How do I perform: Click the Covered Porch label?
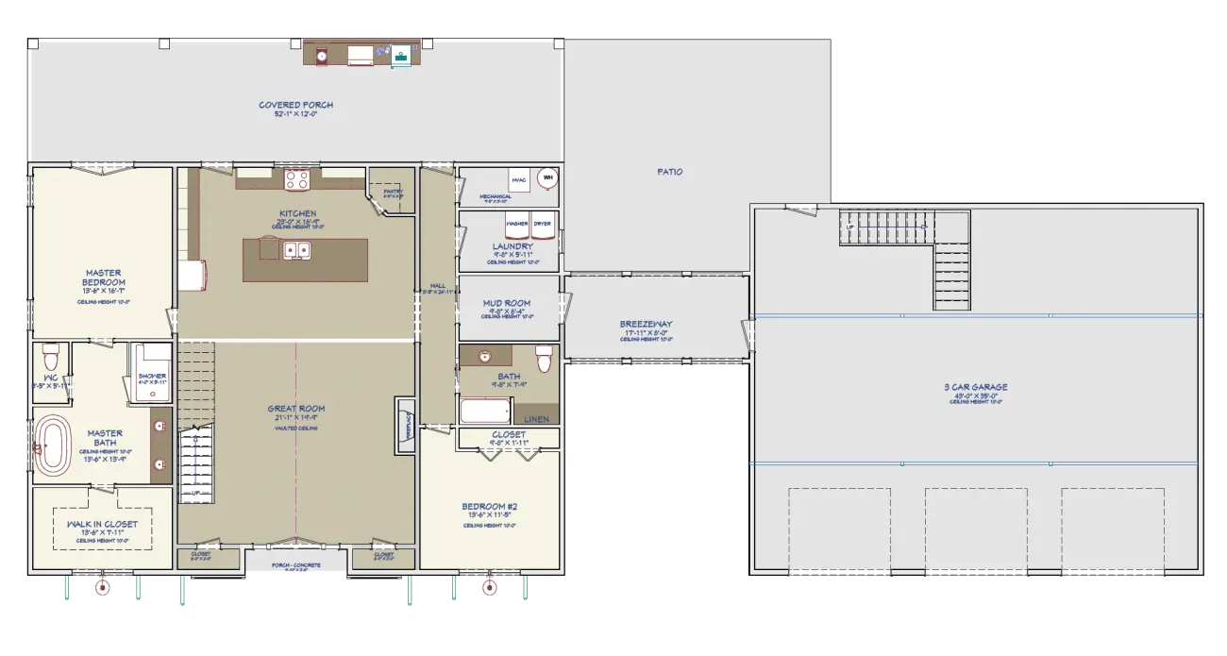click(x=295, y=105)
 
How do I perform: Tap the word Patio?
click(x=669, y=172)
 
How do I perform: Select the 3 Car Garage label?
click(x=975, y=387)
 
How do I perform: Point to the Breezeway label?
click(x=646, y=325)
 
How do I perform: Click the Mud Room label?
click(x=506, y=303)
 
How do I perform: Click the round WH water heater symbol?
click(x=546, y=177)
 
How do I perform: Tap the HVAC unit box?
click(x=518, y=179)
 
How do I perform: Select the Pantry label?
click(x=393, y=192)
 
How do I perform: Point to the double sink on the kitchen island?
click(x=298, y=250)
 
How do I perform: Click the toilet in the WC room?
click(x=51, y=358)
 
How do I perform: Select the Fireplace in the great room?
click(x=405, y=426)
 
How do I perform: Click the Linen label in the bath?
click(x=535, y=418)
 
